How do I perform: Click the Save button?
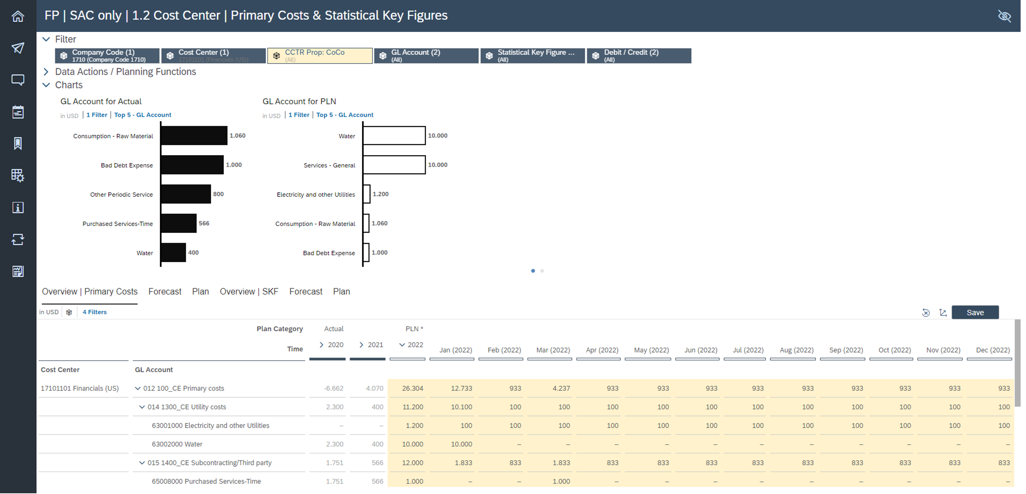tap(975, 313)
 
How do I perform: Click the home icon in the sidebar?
tap(18, 17)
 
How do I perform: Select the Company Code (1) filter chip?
tap(107, 56)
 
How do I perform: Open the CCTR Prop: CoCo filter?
tap(319, 56)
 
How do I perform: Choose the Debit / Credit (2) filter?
tap(639, 56)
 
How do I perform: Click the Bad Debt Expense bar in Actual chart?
tap(192, 165)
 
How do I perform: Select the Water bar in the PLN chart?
tap(394, 136)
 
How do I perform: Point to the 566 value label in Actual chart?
tap(204, 223)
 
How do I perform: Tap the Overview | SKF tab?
tap(249, 292)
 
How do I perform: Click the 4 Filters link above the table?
tap(94, 312)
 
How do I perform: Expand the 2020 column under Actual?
tap(321, 345)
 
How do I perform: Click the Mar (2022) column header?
tap(553, 350)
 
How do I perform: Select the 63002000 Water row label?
tap(177, 444)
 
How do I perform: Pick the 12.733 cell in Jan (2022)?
tap(461, 389)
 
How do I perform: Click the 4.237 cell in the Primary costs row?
tap(561, 389)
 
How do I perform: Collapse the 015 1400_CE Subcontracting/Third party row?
tap(142, 463)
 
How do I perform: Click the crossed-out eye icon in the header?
tap(1004, 16)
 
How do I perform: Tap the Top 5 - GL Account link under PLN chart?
tap(344, 115)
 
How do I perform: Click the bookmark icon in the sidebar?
tap(18, 144)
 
